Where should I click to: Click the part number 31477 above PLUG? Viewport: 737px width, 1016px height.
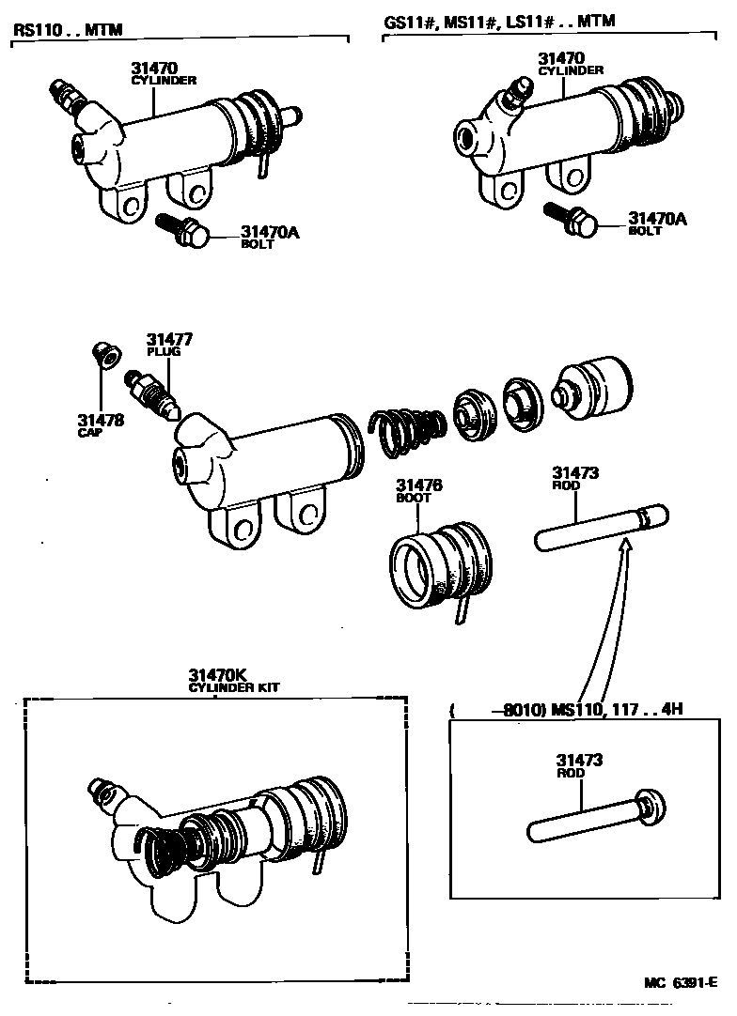tap(161, 339)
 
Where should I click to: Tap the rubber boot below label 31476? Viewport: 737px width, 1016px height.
tap(437, 567)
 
